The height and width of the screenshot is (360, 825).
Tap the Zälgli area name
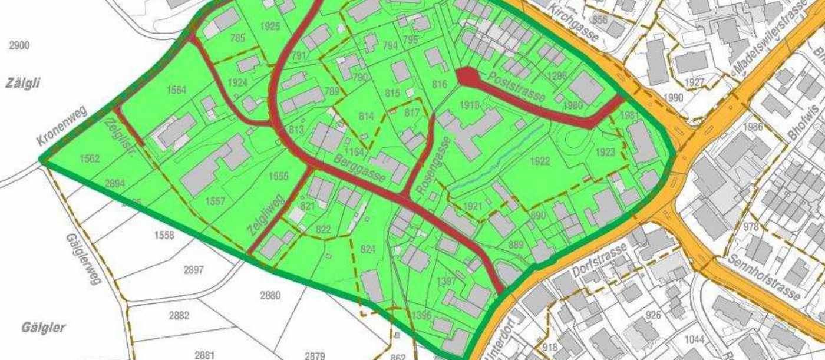point(23,83)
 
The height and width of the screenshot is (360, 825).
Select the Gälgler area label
point(43,328)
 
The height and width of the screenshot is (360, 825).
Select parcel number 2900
point(19,45)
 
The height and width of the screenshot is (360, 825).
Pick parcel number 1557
point(215,202)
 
